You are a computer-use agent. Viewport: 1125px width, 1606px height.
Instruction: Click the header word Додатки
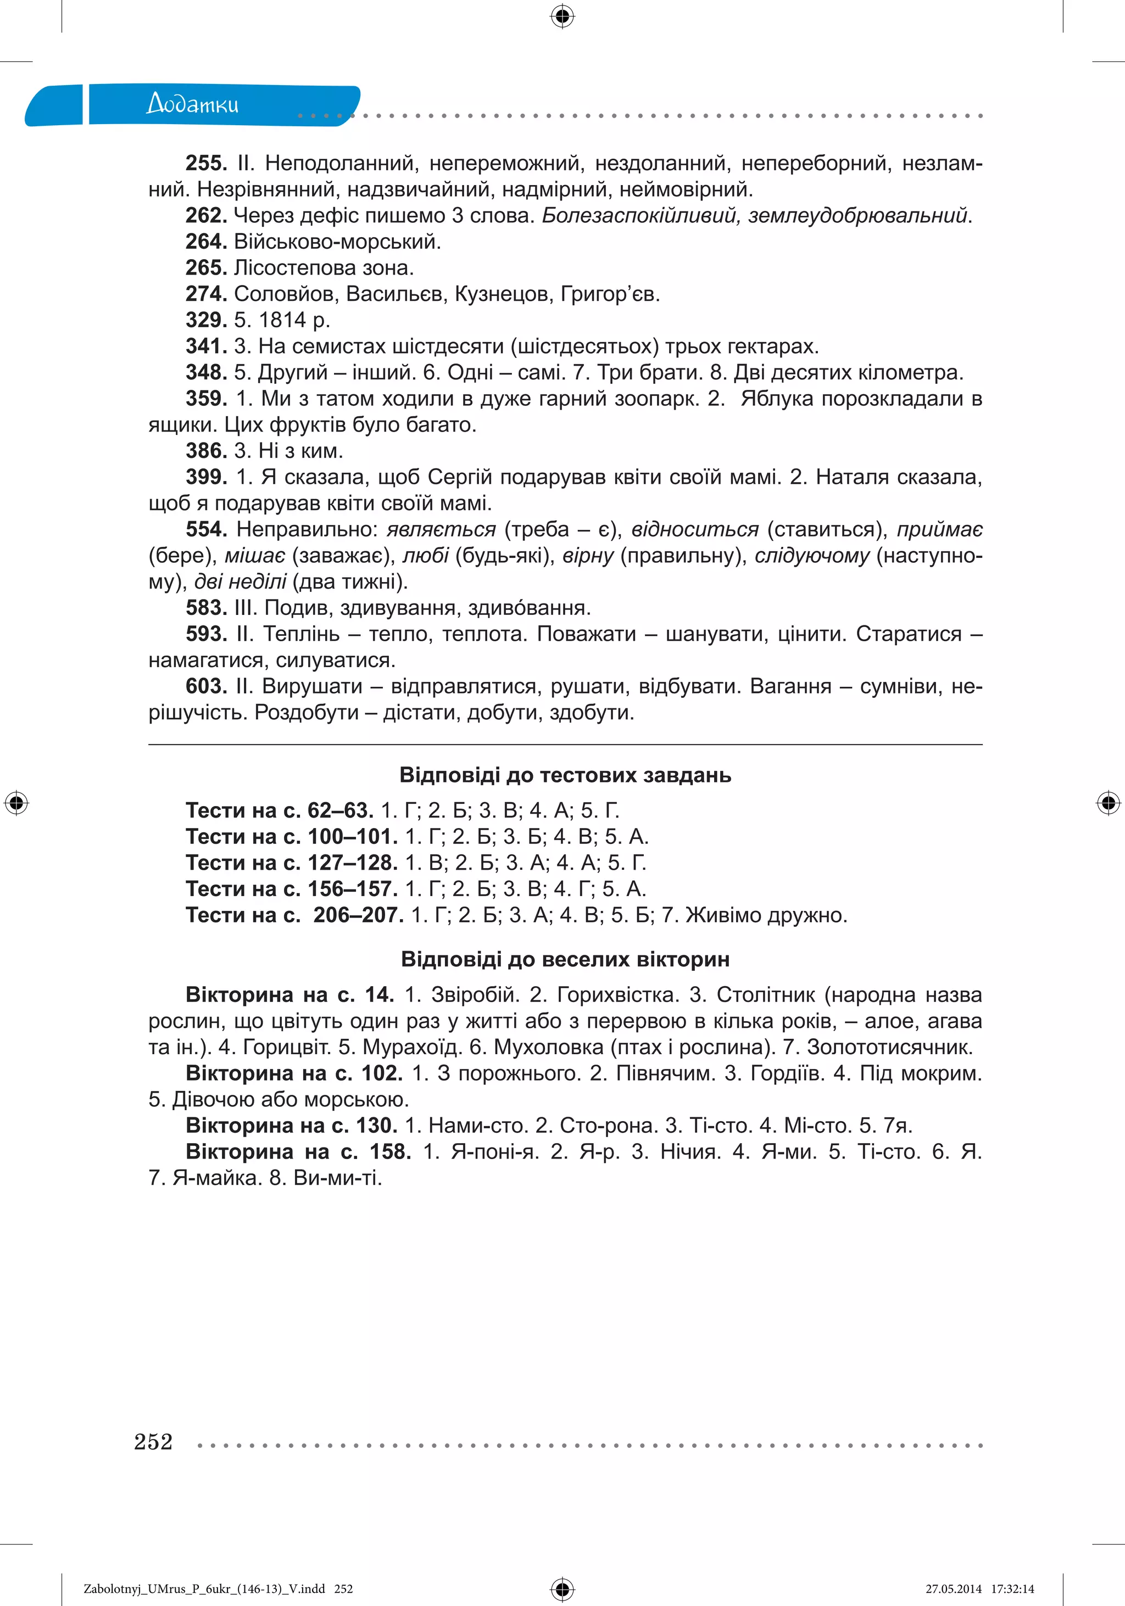[x=192, y=104]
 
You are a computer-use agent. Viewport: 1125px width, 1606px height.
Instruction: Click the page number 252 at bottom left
[x=153, y=1442]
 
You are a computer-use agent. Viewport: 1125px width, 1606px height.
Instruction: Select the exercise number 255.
[x=205, y=164]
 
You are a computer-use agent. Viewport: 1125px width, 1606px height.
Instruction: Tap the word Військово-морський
[x=337, y=242]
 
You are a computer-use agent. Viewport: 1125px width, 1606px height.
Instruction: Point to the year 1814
[x=283, y=320]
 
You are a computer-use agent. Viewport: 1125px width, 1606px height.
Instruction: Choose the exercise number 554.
[x=205, y=529]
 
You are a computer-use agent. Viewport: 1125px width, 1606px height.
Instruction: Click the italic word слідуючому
[x=811, y=556]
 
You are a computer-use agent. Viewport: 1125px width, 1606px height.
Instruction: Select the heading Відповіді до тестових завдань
[x=565, y=775]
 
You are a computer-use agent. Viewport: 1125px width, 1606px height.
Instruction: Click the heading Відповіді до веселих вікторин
[x=565, y=959]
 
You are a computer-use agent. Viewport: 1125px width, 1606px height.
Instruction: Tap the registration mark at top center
[x=562, y=15]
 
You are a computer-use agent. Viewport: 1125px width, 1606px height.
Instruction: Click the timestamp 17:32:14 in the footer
[x=1012, y=1588]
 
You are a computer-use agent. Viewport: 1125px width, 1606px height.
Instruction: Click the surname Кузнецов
[x=503, y=294]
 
